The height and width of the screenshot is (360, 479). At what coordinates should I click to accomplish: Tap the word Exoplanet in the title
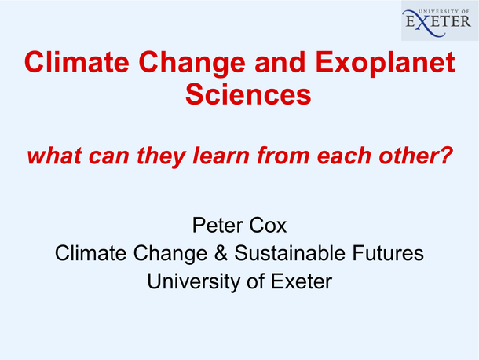pyautogui.click(x=386, y=63)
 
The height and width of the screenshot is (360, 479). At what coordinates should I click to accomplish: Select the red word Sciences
pyautogui.click(x=248, y=94)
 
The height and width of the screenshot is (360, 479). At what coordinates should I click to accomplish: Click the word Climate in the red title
pyautogui.click(x=77, y=62)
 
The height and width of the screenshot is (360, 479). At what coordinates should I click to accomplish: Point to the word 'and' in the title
pyautogui.click(x=280, y=62)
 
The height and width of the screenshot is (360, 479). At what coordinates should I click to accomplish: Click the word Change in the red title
pyautogui.click(x=192, y=64)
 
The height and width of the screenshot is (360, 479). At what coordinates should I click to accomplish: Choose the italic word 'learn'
pyautogui.click(x=221, y=156)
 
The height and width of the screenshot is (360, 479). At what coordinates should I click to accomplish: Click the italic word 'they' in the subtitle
pyautogui.click(x=161, y=156)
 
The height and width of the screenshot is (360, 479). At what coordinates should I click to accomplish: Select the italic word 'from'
pyautogui.click(x=283, y=156)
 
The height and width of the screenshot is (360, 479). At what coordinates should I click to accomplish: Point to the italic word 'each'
pyautogui.click(x=344, y=156)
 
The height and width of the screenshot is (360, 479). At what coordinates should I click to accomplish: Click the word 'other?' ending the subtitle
pyautogui.click(x=415, y=156)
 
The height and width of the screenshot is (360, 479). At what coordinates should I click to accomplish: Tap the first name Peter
pyautogui.click(x=218, y=225)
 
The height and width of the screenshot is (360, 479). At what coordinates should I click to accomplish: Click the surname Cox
pyautogui.click(x=268, y=225)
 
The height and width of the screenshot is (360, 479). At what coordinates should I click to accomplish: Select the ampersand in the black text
pyautogui.click(x=221, y=253)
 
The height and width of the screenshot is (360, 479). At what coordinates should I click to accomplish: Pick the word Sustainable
pyautogui.click(x=290, y=253)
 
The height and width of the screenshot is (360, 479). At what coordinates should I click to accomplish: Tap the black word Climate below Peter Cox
pyautogui.click(x=91, y=253)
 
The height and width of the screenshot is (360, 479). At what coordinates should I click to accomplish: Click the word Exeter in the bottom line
pyautogui.click(x=302, y=281)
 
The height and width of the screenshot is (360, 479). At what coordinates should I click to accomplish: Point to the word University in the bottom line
pyautogui.click(x=193, y=282)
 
